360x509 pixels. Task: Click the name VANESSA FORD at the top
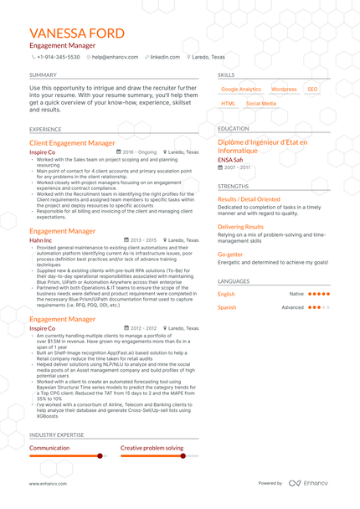[76, 33]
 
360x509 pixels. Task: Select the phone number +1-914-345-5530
[59, 57]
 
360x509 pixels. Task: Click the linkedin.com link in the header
[165, 57]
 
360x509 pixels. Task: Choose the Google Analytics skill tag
[241, 89]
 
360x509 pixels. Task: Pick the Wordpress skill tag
[284, 89]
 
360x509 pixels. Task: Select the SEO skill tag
[312, 89]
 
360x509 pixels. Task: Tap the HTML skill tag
[228, 104]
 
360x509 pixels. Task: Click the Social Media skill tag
[261, 104]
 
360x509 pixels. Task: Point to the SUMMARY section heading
[43, 75]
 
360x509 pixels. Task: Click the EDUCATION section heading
[233, 129]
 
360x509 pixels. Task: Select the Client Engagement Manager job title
[72, 143]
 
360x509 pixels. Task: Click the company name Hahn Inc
[40, 239]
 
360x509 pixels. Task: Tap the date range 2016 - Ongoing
[143, 152]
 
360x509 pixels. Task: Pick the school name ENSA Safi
[231, 159]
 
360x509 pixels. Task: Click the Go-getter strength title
[230, 254]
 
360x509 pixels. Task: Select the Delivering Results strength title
[240, 226]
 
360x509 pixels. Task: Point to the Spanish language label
[227, 307]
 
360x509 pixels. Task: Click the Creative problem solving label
[152, 448]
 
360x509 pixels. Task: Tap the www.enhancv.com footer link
[48, 483]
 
